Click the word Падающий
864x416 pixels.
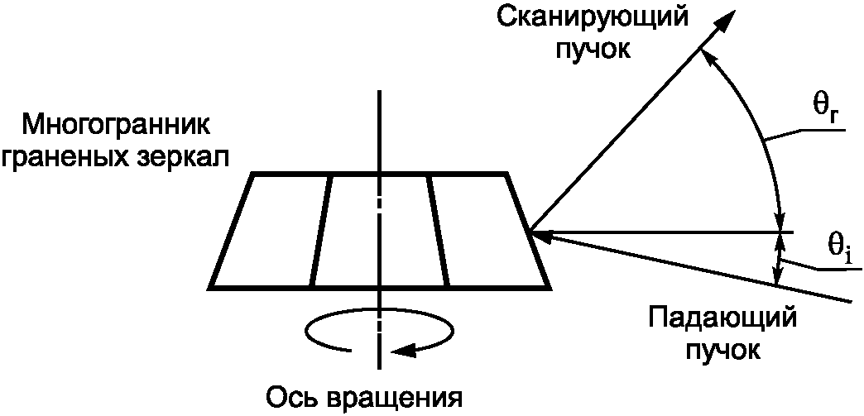(x=722, y=318)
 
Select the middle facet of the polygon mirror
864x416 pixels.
(x=380, y=231)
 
